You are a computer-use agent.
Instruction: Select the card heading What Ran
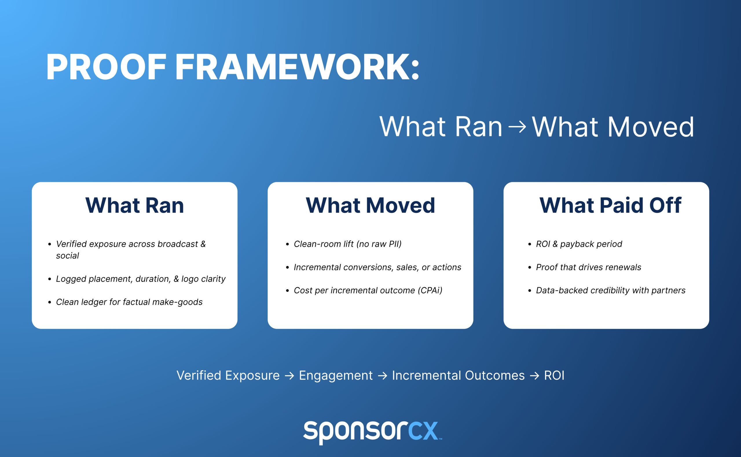pos(135,205)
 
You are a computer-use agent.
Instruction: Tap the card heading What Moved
pos(370,205)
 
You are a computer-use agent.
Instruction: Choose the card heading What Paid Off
pos(610,205)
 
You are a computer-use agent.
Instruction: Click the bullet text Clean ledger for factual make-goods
pos(129,302)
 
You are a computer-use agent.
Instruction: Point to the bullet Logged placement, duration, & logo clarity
pos(141,279)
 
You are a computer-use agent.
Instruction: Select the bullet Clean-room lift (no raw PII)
pos(347,244)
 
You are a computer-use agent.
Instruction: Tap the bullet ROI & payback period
pos(579,244)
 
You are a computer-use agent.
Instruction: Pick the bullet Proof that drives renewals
pos(588,267)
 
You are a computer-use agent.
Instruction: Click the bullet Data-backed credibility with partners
pos(610,290)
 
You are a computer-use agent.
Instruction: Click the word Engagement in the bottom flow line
pos(336,376)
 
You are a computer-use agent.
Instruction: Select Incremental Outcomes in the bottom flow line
pos(458,376)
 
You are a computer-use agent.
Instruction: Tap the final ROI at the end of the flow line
pos(554,376)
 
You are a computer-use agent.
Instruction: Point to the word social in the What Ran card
pos(67,256)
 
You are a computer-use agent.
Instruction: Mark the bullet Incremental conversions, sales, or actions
pos(377,267)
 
